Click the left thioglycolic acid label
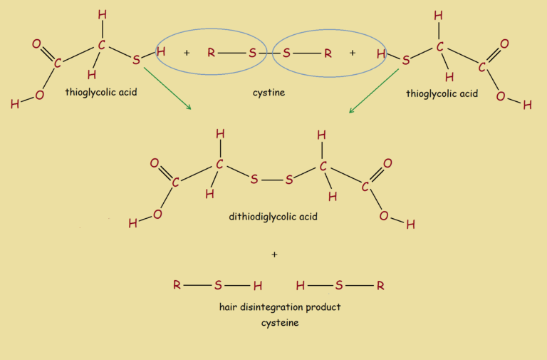tap(101, 93)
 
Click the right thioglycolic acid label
tap(442, 94)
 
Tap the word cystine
tap(269, 93)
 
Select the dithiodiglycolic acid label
tap(273, 217)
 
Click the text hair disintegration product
tap(280, 307)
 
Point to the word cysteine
tap(280, 323)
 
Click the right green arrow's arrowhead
tap(351, 111)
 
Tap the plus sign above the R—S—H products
tap(274, 254)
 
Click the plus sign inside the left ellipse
tap(187, 53)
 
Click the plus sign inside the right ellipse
tap(353, 53)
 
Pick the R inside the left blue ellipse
tap(211, 52)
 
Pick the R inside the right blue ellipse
tap(328, 53)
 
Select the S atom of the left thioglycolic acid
tap(136, 60)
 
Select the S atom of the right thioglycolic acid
tap(405, 60)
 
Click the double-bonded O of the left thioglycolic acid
tap(36, 43)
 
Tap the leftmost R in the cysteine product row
tap(177, 284)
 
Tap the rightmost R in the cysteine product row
tap(380, 286)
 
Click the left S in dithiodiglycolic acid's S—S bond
tap(254, 180)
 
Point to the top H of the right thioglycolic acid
tap(438, 16)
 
